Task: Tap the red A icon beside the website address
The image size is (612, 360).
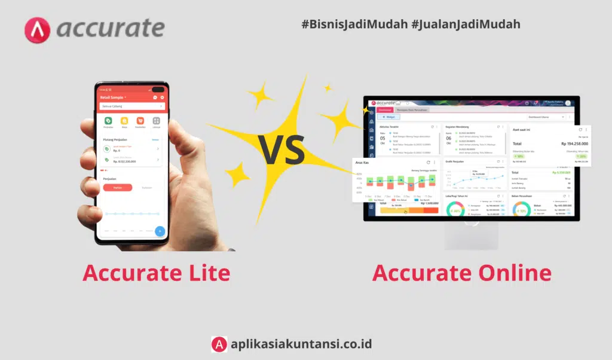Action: click(219, 344)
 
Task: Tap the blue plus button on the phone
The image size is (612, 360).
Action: click(160, 231)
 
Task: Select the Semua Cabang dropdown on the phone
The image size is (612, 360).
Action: click(132, 106)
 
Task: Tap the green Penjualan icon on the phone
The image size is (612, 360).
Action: click(108, 121)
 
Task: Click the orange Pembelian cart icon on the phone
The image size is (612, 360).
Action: click(140, 121)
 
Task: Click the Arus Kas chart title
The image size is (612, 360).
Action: click(363, 162)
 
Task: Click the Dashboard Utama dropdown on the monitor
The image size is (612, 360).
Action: click(546, 117)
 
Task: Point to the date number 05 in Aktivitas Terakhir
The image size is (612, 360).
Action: click(383, 138)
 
